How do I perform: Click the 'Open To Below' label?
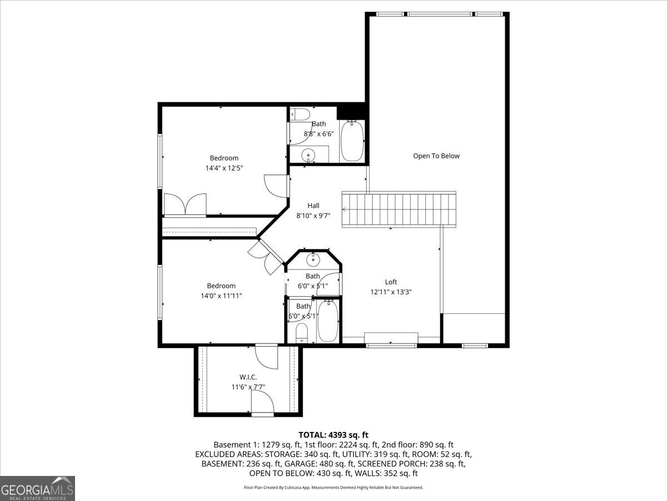436,156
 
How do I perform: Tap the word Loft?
391,282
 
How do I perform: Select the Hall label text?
313,205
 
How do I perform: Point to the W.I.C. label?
248,377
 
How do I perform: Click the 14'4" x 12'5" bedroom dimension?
224,168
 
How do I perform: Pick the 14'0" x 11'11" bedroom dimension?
221,296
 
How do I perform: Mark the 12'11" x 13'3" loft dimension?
391,292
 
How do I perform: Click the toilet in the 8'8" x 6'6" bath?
301,115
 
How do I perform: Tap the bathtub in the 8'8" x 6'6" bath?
351,141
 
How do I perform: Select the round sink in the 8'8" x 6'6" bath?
306,155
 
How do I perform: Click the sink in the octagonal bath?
313,258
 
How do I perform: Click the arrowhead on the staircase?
345,209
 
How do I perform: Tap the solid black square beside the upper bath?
351,112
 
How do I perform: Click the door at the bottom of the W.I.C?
262,402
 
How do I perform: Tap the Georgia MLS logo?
37,488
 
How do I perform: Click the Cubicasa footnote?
333,487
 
